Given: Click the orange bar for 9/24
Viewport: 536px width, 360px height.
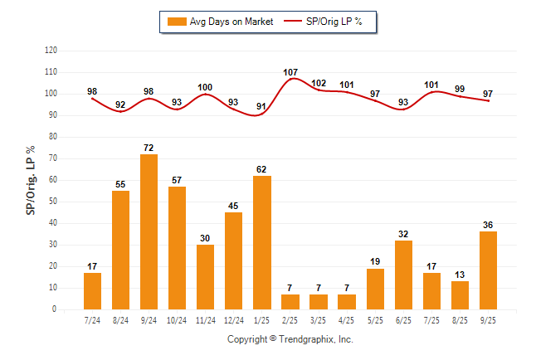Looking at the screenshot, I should pyautogui.click(x=149, y=231).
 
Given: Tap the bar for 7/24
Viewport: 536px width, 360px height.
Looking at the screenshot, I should pyautogui.click(x=92, y=290).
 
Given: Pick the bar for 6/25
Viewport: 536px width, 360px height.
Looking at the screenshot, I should pyautogui.click(x=403, y=275).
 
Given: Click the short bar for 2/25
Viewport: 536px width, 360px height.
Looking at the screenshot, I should pyautogui.click(x=290, y=301).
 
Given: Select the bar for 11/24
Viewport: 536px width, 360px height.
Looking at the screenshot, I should pyautogui.click(x=205, y=276).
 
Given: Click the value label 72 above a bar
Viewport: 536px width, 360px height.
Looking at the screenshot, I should pyautogui.click(x=149, y=148).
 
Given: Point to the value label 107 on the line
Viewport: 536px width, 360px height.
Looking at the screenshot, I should pyautogui.click(x=290, y=72).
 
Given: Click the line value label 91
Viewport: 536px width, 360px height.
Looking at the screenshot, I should pyautogui.click(x=261, y=106).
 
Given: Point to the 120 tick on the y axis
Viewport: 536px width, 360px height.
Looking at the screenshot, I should pyautogui.click(x=51, y=51).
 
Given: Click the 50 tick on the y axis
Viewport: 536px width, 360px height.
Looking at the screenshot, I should pyautogui.click(x=53, y=202).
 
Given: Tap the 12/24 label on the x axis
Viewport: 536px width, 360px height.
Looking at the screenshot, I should pyautogui.click(x=233, y=319).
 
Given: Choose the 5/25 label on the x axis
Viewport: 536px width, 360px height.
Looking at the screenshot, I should pyautogui.click(x=375, y=319).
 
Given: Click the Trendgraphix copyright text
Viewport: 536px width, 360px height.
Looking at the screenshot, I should pyautogui.click(x=290, y=339).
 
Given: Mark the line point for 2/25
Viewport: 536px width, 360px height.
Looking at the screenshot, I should pyautogui.click(x=290, y=79).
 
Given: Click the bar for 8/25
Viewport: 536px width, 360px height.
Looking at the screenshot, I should pyautogui.click(x=460, y=294).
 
